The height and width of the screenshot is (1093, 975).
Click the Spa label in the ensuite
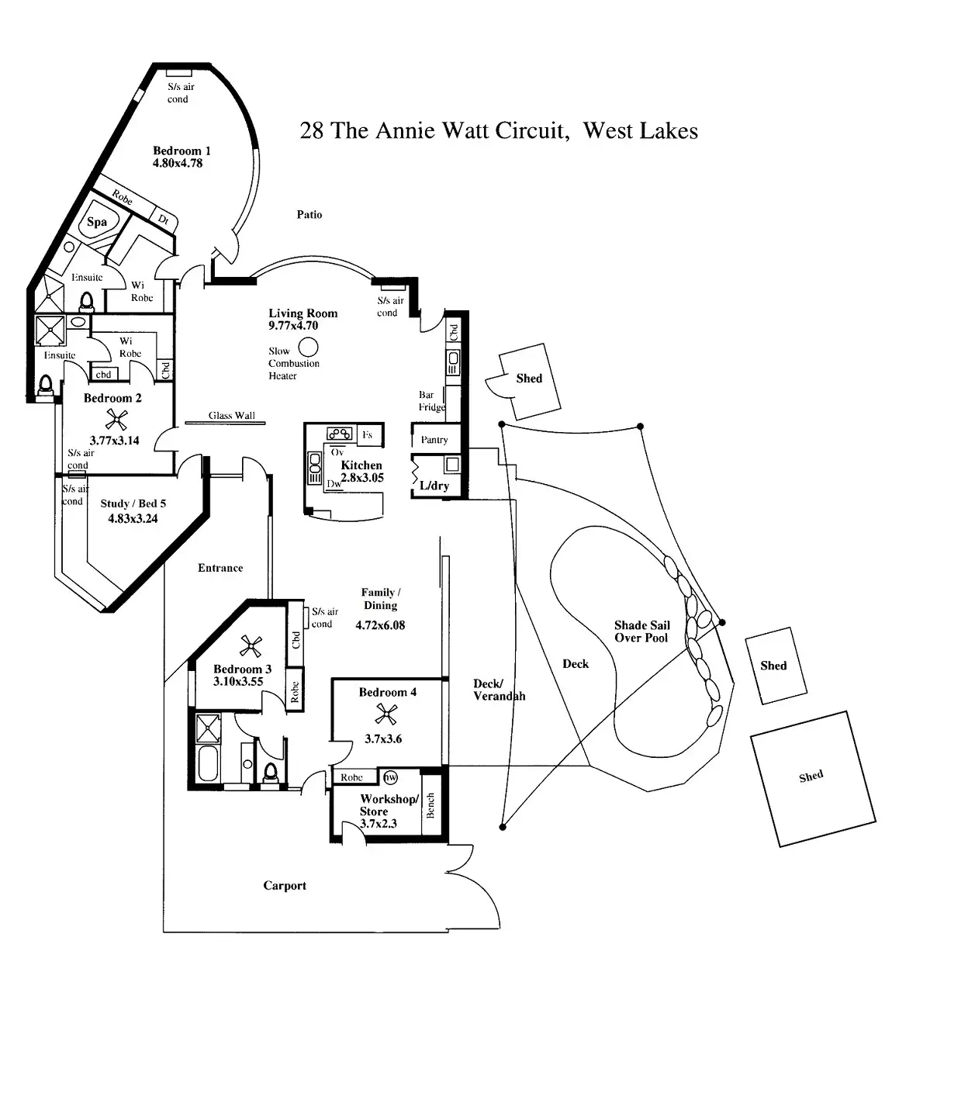click(x=97, y=222)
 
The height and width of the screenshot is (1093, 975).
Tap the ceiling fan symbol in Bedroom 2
click(x=116, y=420)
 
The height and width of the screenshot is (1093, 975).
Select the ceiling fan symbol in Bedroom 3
click(x=250, y=645)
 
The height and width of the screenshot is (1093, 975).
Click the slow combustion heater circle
click(x=308, y=347)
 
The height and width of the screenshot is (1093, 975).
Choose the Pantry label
click(x=434, y=440)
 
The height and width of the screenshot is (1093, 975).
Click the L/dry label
click(x=434, y=486)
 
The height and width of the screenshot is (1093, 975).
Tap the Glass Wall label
click(x=231, y=416)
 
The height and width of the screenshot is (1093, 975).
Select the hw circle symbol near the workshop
click(x=390, y=777)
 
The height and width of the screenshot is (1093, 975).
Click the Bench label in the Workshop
click(x=430, y=805)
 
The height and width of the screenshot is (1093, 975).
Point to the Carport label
click(x=285, y=886)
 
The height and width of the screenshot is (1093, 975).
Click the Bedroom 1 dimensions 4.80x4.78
click(x=178, y=164)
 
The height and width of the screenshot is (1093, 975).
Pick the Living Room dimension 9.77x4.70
click(x=293, y=326)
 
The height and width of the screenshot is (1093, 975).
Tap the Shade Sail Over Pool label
click(x=641, y=631)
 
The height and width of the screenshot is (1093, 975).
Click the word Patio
click(x=309, y=215)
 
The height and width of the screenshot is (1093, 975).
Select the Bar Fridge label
click(x=431, y=401)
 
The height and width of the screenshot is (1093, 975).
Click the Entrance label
click(x=220, y=568)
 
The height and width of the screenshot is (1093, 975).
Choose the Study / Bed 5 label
click(x=133, y=503)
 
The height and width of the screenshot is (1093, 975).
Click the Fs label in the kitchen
click(x=368, y=435)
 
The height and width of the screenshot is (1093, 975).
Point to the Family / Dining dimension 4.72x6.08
click(x=380, y=625)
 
